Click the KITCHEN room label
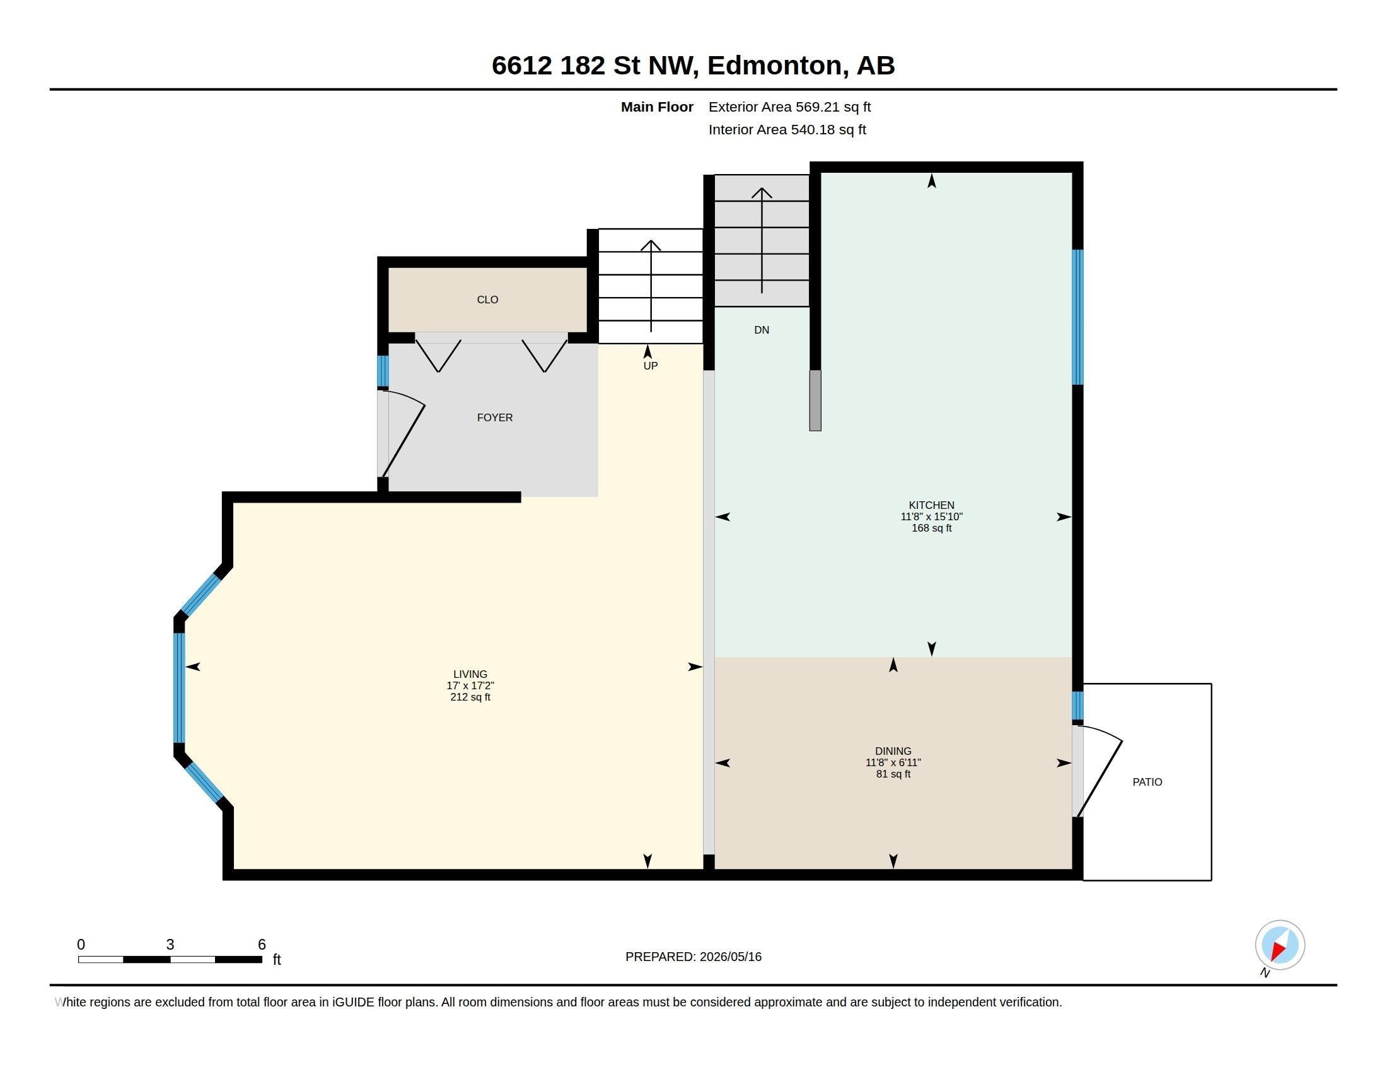[931, 506]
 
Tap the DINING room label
[893, 751]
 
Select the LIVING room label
[470, 675]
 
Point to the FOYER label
[495, 417]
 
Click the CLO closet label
[488, 300]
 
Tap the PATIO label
[1147, 782]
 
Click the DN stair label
[762, 330]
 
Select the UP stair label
[651, 366]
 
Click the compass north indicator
[1279, 946]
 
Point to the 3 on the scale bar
[170, 945]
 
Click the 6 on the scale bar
[262, 945]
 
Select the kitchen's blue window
[1077, 317]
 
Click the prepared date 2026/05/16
[730, 957]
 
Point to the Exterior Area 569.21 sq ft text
[789, 107]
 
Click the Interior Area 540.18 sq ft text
[787, 129]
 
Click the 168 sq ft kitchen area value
[931, 528]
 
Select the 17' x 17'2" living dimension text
[470, 686]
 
